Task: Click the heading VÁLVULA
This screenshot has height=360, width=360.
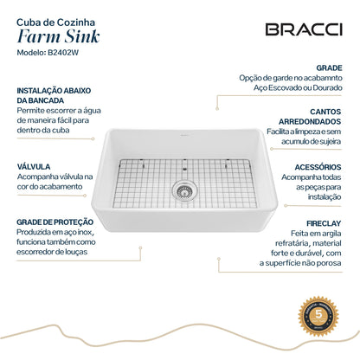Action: (x=34, y=165)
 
